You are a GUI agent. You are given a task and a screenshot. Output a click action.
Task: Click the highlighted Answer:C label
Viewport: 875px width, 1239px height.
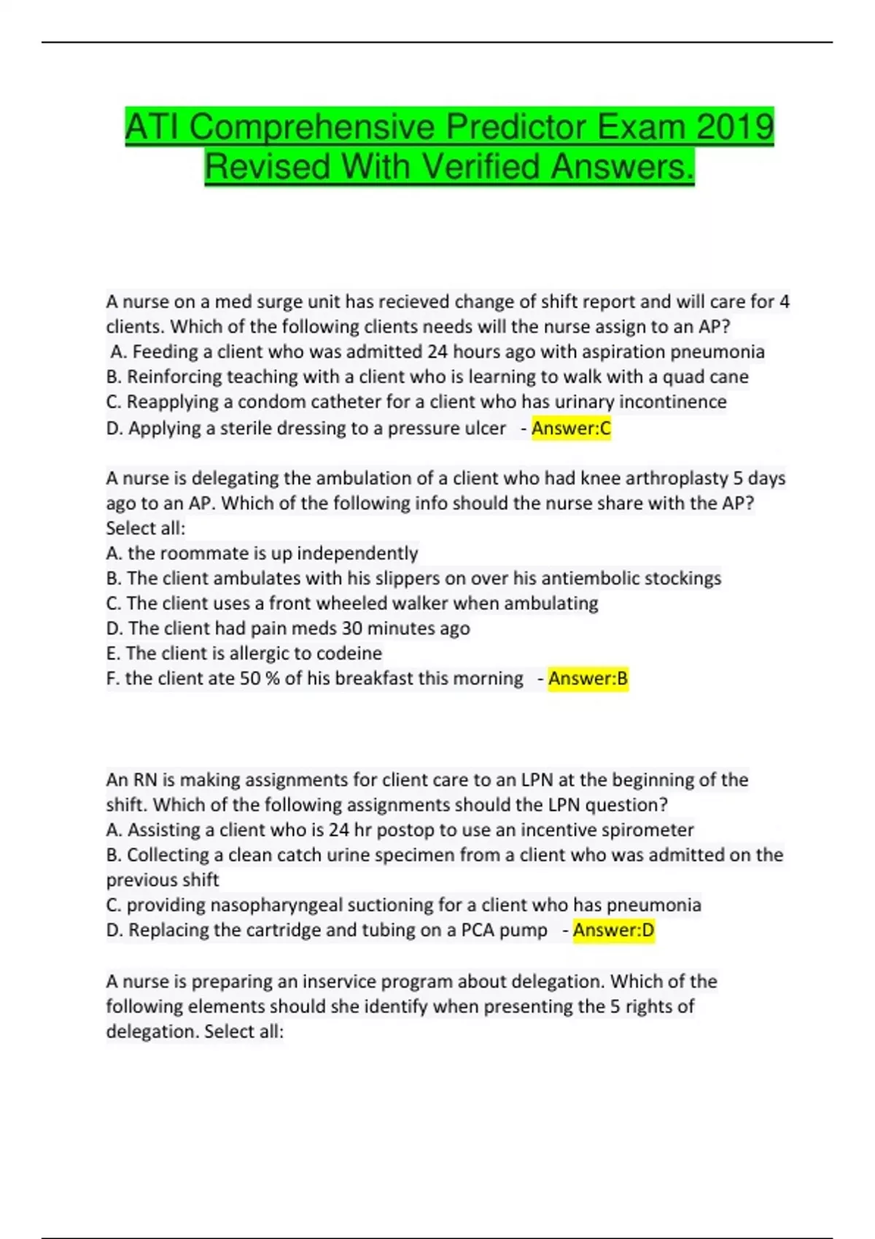(x=571, y=429)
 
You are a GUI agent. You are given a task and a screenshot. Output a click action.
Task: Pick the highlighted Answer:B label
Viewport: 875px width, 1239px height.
(x=588, y=679)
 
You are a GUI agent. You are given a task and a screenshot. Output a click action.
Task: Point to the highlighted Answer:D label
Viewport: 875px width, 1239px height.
(x=613, y=930)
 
